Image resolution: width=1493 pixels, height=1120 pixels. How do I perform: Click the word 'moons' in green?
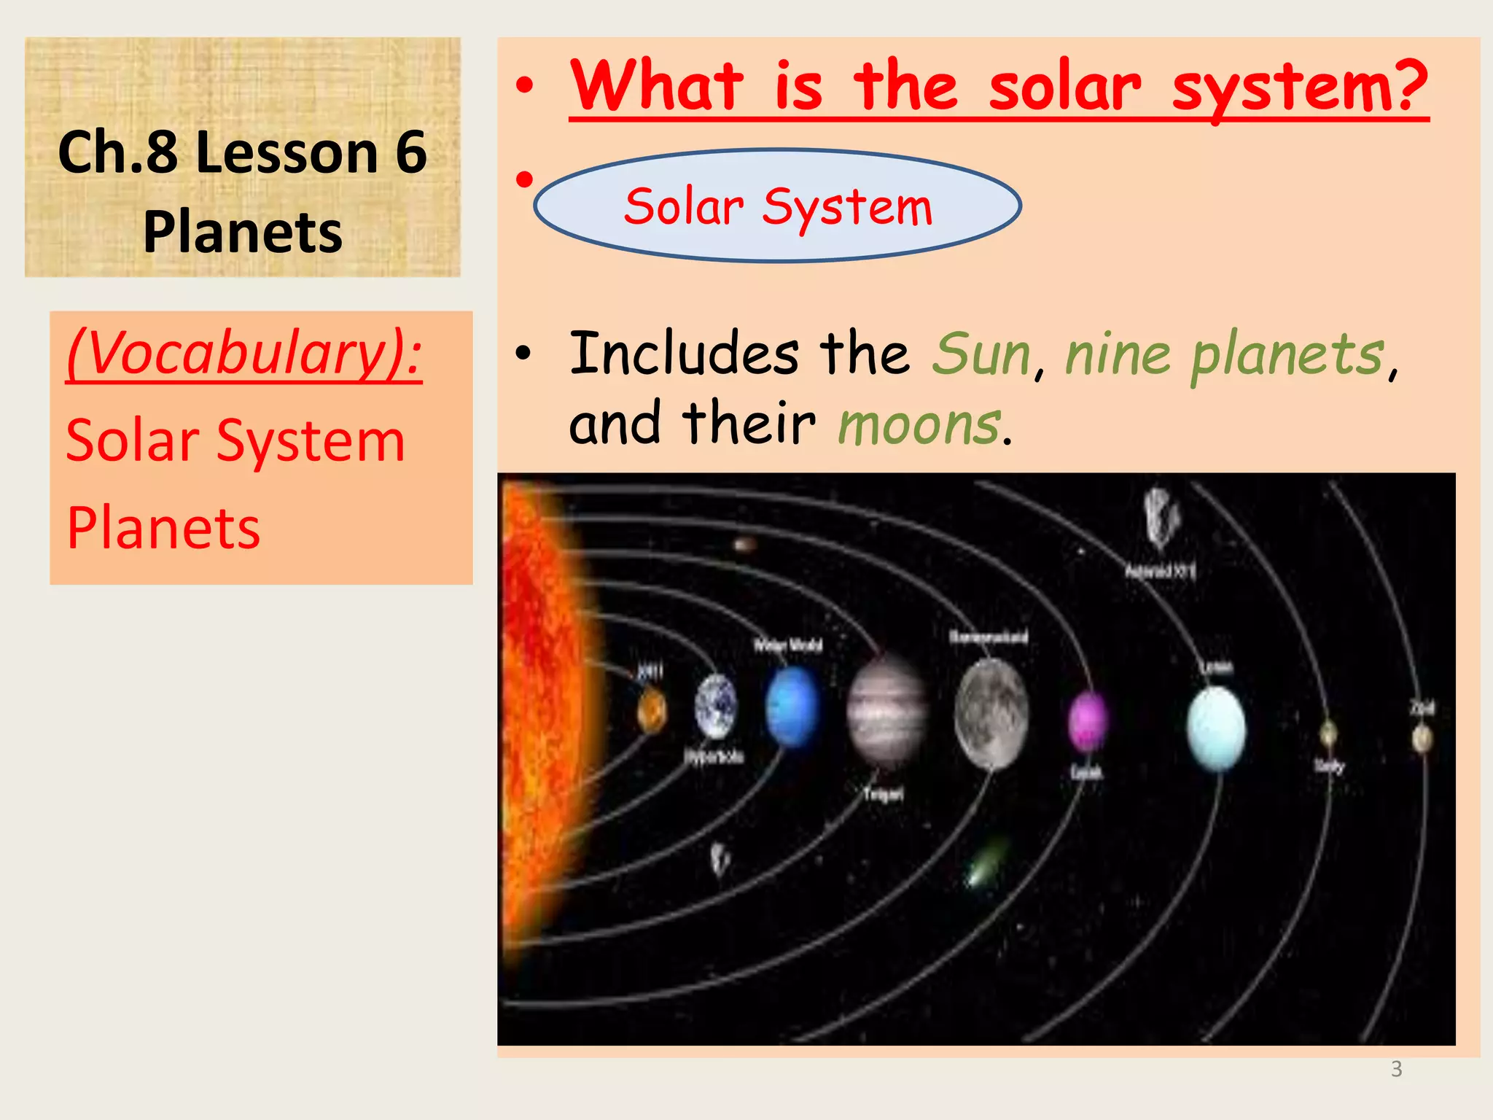pyautogui.click(x=919, y=425)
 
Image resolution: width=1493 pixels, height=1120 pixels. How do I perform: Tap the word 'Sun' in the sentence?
pyautogui.click(x=982, y=354)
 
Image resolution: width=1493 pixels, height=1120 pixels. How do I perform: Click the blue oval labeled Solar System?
pyautogui.click(x=777, y=206)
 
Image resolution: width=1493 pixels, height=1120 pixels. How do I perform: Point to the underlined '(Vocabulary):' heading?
pyautogui.click(x=244, y=353)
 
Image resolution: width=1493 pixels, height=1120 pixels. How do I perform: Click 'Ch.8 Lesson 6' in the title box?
pyautogui.click(x=242, y=152)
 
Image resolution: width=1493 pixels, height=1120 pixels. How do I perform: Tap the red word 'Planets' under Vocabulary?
pyautogui.click(x=163, y=528)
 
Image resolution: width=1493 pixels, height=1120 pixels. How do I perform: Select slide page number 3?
pyautogui.click(x=1396, y=1069)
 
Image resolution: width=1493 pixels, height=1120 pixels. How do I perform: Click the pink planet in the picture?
pyautogui.click(x=1087, y=722)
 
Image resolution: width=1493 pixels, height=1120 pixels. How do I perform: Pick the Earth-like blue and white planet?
pyautogui.click(x=715, y=706)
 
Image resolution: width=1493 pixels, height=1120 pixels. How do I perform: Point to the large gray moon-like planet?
pyautogui.click(x=991, y=714)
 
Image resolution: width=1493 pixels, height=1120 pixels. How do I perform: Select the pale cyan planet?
pyautogui.click(x=1216, y=728)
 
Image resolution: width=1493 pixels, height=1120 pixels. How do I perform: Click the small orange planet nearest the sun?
pyautogui.click(x=651, y=711)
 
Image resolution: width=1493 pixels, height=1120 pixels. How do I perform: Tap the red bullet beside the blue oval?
pyautogui.click(x=524, y=178)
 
